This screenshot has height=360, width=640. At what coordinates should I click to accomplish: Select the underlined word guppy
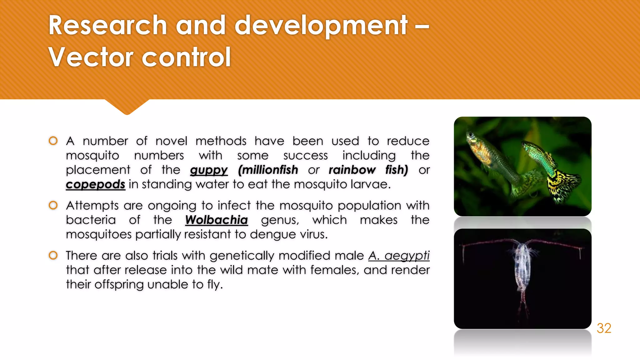point(209,170)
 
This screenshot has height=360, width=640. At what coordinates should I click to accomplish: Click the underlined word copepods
point(95,184)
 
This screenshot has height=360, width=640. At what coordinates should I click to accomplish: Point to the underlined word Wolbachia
point(216,220)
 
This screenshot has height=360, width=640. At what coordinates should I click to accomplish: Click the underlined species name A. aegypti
point(399,256)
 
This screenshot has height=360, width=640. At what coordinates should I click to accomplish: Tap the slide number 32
point(604,328)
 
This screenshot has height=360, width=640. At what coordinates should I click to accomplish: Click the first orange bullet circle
point(53,141)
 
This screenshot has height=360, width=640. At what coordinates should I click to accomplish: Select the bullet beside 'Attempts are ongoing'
point(53,205)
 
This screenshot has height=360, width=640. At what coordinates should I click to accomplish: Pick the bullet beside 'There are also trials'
point(53,255)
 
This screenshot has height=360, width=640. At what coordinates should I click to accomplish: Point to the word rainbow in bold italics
point(352,170)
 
